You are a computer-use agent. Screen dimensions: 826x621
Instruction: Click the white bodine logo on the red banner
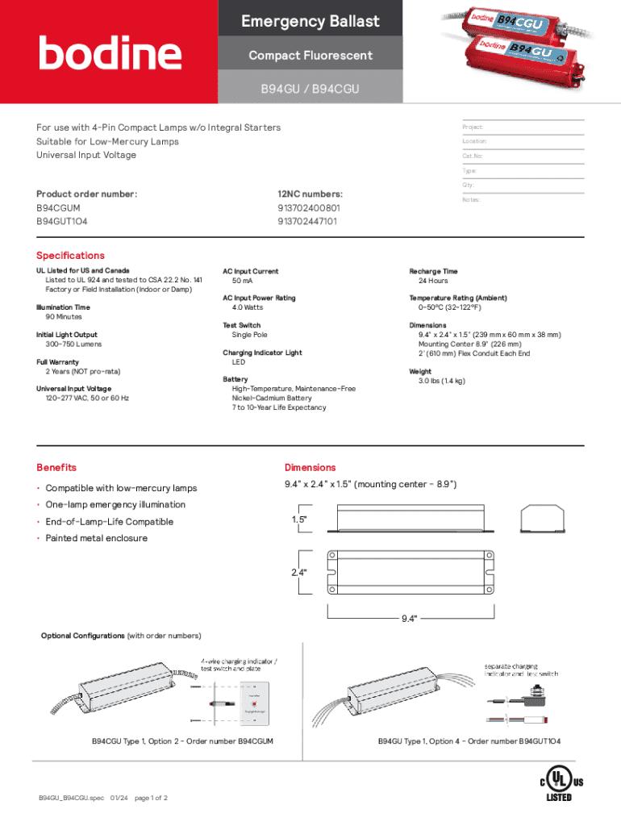(110, 54)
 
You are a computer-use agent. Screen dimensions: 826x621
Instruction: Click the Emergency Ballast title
(310, 22)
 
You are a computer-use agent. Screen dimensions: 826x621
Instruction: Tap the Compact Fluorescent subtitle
(310, 56)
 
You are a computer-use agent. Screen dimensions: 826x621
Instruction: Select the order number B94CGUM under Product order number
(58, 208)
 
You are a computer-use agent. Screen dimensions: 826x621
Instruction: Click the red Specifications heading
(70, 256)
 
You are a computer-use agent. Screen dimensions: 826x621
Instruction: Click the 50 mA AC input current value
(243, 281)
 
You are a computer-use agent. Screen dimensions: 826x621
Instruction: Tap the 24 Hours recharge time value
(433, 281)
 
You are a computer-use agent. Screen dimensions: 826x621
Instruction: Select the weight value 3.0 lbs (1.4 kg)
(441, 381)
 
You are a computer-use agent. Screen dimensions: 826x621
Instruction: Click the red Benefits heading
(56, 468)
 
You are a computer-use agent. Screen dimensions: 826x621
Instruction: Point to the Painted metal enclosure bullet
(97, 538)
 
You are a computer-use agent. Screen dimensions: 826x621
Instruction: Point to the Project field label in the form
(473, 127)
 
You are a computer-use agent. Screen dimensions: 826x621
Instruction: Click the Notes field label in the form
(472, 200)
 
